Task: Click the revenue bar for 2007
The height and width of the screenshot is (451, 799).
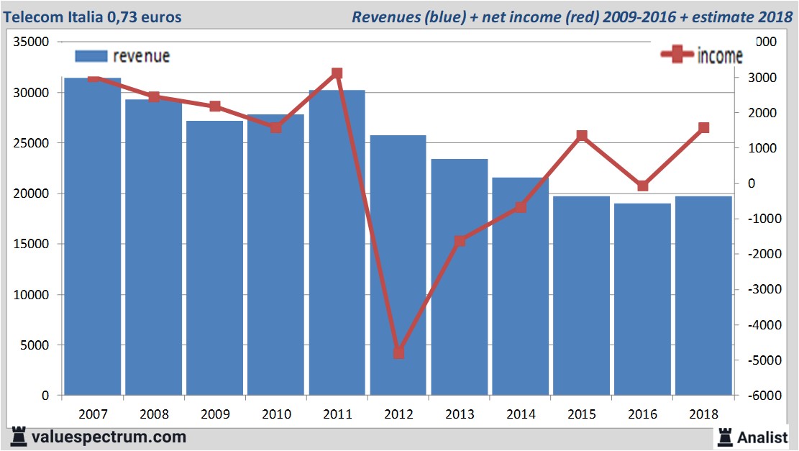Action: click(x=93, y=237)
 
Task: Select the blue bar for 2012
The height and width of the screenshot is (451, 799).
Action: click(x=398, y=266)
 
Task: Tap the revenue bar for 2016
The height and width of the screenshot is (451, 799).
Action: click(x=642, y=299)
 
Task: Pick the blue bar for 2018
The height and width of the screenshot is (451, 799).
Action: click(x=703, y=296)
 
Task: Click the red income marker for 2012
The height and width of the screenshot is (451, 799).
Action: click(x=398, y=352)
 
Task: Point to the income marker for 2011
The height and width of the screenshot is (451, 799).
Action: click(x=337, y=73)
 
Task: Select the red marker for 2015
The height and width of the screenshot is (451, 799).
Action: click(x=582, y=136)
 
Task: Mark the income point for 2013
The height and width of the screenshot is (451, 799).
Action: click(x=460, y=241)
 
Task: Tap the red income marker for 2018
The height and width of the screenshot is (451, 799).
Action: click(x=703, y=128)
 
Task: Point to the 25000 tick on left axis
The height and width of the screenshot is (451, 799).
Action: click(x=33, y=143)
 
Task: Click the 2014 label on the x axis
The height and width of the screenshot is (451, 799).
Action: click(x=521, y=414)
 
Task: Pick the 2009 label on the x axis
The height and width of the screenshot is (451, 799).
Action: click(x=215, y=414)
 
